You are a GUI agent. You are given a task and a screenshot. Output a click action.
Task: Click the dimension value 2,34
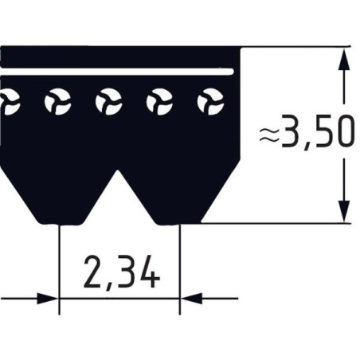pyautogui.click(x=121, y=273)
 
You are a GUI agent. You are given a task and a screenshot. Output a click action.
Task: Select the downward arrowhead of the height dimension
pyautogui.click(x=344, y=210)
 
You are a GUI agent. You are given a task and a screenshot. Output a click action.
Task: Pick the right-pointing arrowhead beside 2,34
pyautogui.click(x=48, y=299)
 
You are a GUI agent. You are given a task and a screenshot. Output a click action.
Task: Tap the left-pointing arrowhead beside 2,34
pyautogui.click(x=192, y=299)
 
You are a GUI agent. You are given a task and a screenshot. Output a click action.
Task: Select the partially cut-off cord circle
pyautogui.click(x=8, y=102)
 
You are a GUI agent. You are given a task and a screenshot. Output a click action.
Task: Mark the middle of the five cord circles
pyautogui.click(x=108, y=102)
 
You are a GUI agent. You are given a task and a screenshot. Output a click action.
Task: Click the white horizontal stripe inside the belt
pyautogui.click(x=119, y=72)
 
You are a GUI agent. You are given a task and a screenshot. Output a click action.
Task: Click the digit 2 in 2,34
pyautogui.click(x=94, y=273)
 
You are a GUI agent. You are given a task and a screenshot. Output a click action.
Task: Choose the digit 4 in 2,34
pyautogui.click(x=148, y=273)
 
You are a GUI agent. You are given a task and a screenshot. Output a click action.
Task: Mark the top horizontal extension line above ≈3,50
pyautogui.click(x=295, y=47)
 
